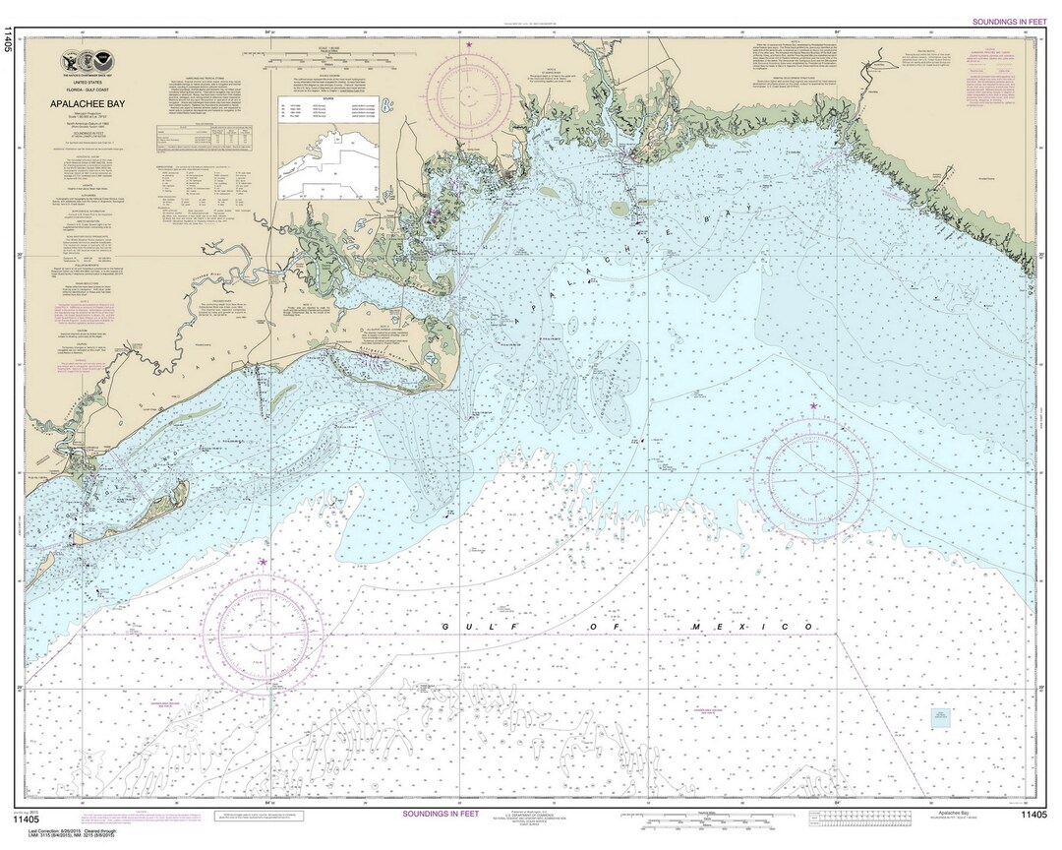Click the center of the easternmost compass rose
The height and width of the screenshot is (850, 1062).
pyautogui.click(x=813, y=479)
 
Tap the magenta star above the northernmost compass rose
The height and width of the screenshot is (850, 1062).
pyautogui.click(x=468, y=45)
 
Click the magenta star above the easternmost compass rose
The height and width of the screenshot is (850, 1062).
pyautogui.click(x=813, y=405)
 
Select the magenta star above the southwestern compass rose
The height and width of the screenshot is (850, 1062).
pyautogui.click(x=263, y=562)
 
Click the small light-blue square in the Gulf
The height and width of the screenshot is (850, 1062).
pyautogui.click(x=941, y=718)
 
